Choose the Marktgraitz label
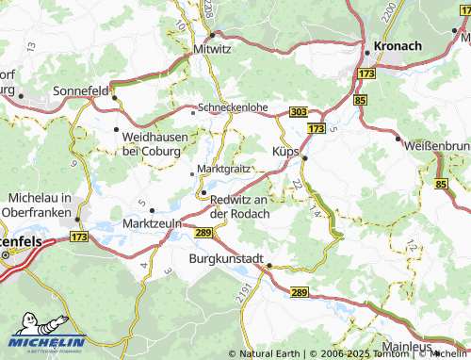tap(221, 170)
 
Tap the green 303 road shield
tap(298, 112)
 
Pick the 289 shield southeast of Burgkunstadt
tap(300, 293)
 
